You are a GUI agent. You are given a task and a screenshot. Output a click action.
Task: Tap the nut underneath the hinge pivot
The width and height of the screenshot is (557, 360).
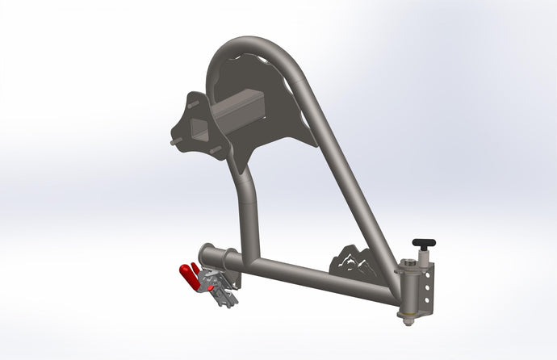tap(408, 320)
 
